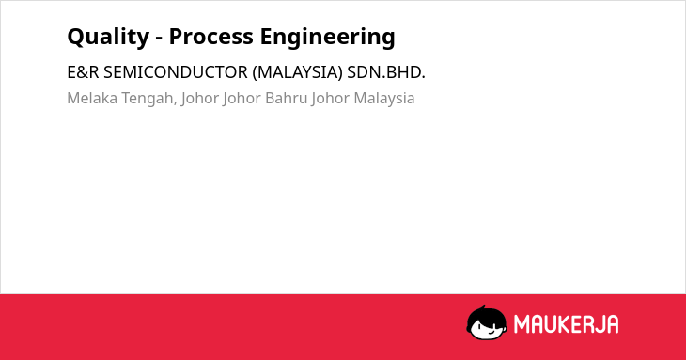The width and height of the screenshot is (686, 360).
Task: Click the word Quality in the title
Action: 108,37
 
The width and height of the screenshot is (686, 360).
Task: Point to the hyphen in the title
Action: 159,39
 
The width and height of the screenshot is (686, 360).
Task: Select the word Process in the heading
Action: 210,37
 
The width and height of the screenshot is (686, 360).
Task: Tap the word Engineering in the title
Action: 328,37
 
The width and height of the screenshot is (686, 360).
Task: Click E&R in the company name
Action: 83,72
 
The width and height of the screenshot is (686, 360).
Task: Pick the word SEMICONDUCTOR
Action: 176,72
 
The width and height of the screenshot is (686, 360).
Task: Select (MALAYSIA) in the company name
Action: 298,72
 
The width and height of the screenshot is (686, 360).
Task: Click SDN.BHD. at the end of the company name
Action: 386,72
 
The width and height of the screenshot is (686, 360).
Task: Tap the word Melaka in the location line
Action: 92,98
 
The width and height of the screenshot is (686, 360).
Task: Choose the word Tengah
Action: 148,99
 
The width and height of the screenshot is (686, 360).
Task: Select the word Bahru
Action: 287,98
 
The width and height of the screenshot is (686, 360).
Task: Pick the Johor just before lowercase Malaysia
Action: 331,99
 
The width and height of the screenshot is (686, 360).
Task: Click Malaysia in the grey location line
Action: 384,99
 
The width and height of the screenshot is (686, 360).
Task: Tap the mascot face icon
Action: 487,322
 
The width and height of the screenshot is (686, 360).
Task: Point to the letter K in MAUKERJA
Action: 566,324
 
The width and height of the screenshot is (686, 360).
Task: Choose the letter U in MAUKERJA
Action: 551,324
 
